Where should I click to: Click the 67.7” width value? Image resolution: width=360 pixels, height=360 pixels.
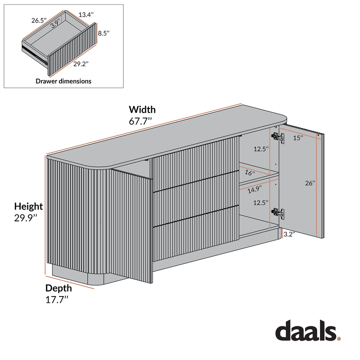(140, 121)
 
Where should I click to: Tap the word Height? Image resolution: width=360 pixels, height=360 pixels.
(28, 207)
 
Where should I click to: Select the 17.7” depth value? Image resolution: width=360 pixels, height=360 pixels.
(57, 300)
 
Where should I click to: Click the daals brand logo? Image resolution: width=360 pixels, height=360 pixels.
(308, 330)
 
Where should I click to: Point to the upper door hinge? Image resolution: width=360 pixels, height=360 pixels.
(278, 137)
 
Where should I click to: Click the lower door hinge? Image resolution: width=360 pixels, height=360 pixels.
(278, 212)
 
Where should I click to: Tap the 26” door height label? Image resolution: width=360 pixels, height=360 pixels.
(310, 183)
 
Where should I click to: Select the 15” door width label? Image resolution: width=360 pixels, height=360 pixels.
(298, 138)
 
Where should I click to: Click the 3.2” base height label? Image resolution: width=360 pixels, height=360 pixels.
(289, 234)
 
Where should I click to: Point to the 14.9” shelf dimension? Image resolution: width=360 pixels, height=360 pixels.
(255, 189)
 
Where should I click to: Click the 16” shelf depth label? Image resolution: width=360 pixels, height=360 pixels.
(250, 172)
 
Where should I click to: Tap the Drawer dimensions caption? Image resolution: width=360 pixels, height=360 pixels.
(63, 81)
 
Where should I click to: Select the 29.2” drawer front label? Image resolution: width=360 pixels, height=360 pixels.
(81, 64)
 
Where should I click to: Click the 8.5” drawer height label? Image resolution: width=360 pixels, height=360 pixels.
(103, 33)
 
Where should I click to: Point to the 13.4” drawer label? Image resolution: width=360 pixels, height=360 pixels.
(86, 15)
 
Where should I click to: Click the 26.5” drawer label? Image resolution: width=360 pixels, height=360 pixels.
(39, 20)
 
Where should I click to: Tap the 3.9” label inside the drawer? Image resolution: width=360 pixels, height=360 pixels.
(56, 23)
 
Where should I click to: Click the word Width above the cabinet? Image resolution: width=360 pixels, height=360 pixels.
(142, 109)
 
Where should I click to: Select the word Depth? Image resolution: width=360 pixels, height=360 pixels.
(58, 288)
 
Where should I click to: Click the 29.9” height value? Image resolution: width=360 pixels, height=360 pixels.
(26, 218)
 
